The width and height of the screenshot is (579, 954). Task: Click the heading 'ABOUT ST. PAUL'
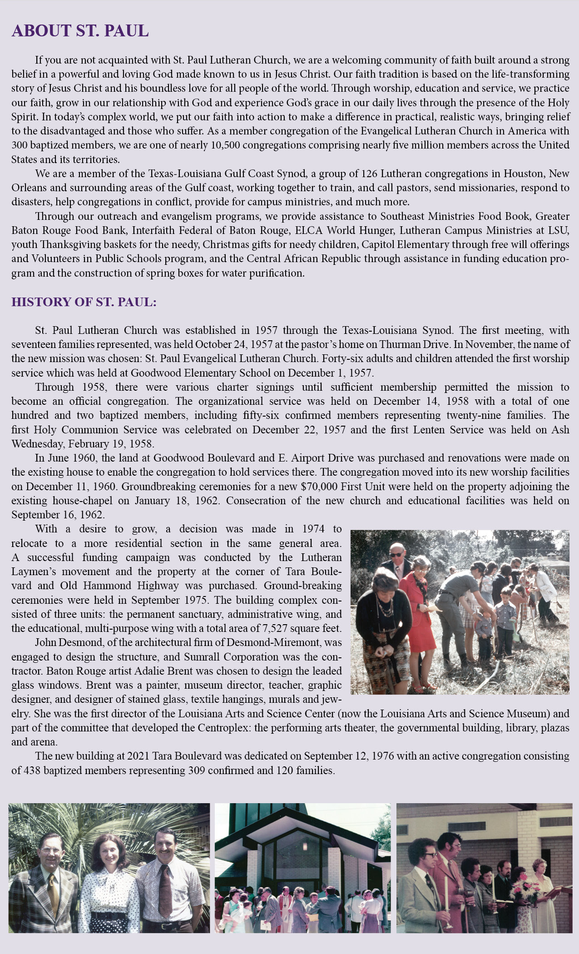click(80, 31)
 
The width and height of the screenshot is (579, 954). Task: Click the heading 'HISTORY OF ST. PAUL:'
click(84, 302)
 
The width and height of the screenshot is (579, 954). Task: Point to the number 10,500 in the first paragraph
click(227, 145)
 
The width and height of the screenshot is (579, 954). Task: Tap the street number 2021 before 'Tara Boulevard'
click(138, 756)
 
